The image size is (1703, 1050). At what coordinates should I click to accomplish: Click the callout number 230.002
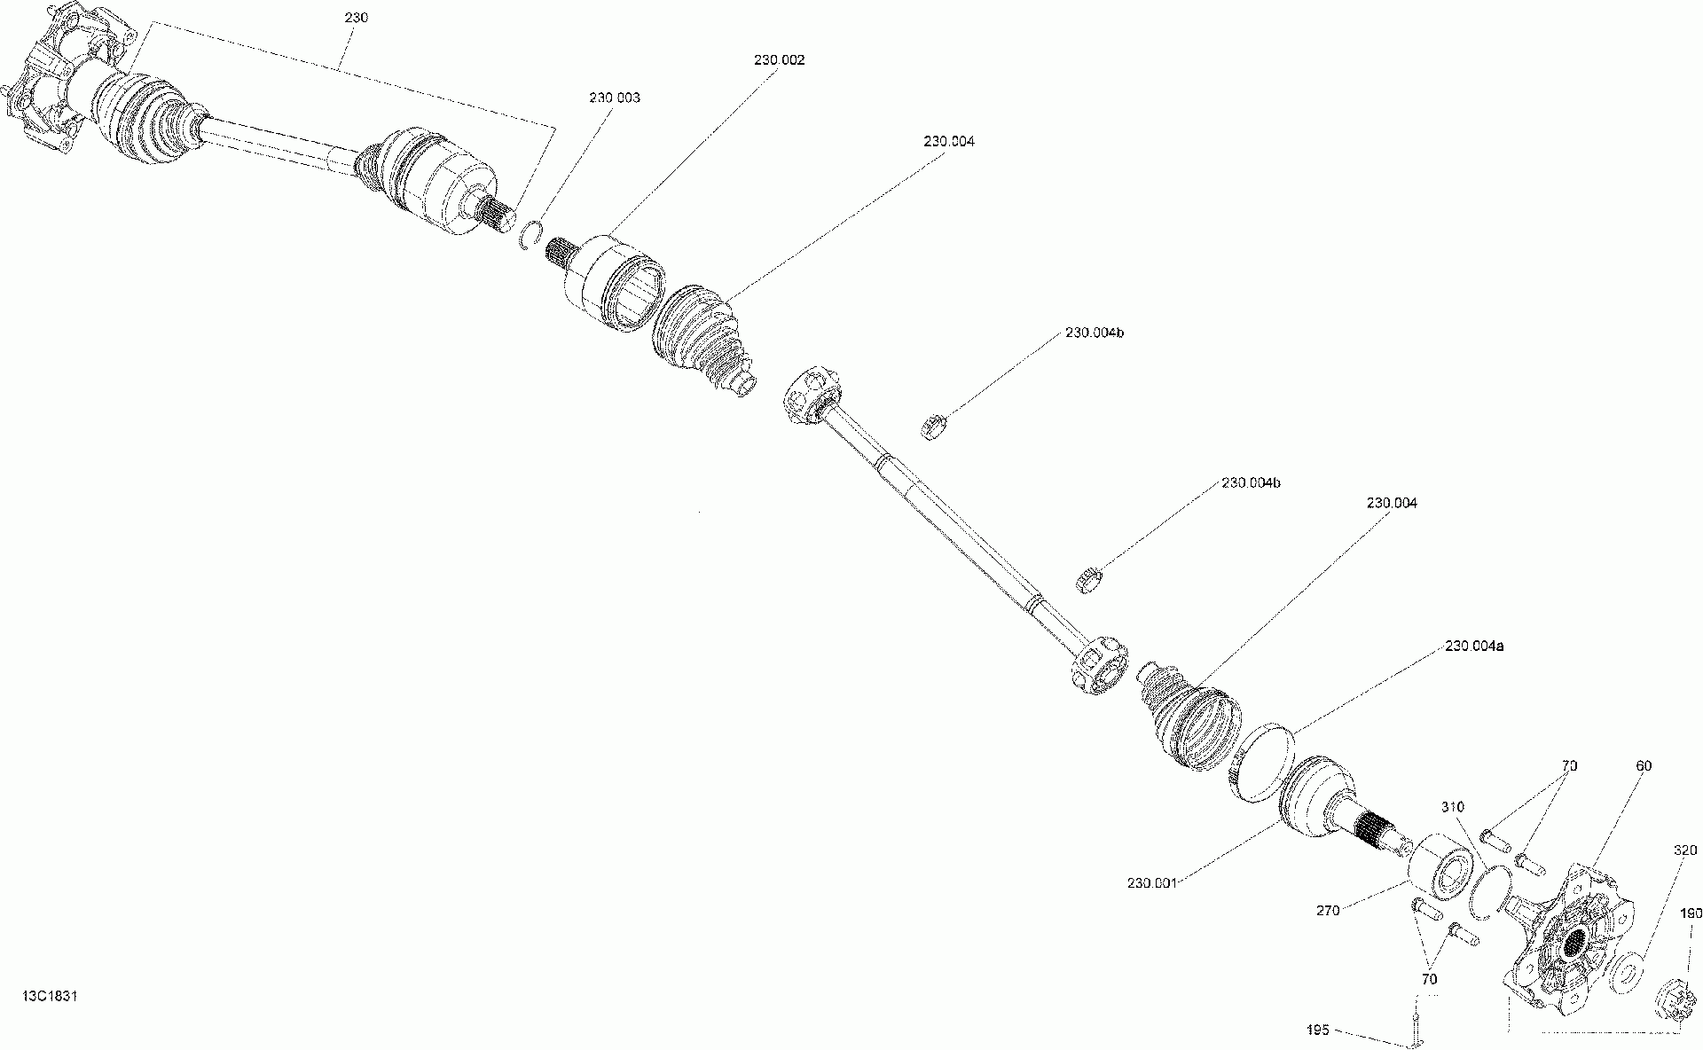click(780, 60)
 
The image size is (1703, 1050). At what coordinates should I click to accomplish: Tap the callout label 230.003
click(614, 98)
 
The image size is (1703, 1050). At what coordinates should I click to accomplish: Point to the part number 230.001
click(1152, 883)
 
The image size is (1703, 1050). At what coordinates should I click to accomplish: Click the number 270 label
click(1329, 911)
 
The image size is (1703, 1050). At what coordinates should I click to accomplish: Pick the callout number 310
click(1453, 807)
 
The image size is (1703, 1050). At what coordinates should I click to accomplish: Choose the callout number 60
click(1644, 766)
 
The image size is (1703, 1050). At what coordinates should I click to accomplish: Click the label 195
click(1318, 1030)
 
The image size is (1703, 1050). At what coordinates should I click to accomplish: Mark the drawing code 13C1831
click(51, 996)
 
